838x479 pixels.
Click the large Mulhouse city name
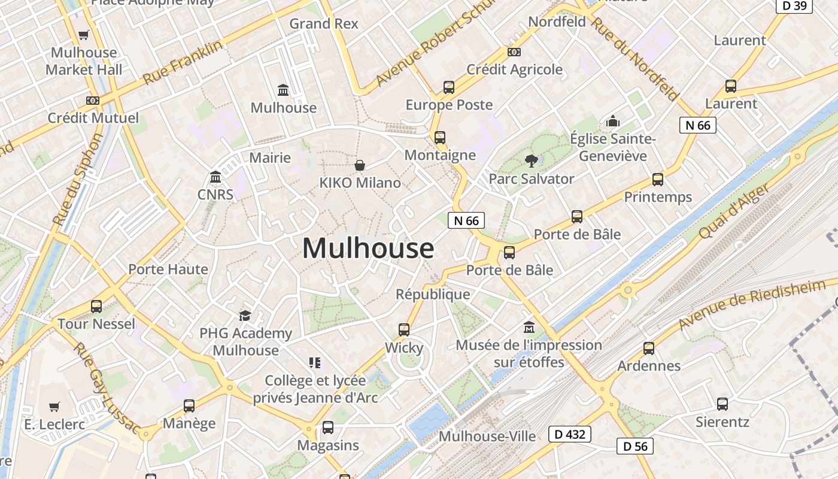(x=368, y=248)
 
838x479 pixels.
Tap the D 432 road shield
(x=569, y=434)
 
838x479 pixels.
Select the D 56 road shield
(x=635, y=446)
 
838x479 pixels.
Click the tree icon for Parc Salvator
(x=531, y=160)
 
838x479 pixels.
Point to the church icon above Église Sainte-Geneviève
(x=612, y=122)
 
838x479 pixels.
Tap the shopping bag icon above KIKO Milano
(x=360, y=165)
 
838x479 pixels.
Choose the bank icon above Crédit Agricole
(x=514, y=52)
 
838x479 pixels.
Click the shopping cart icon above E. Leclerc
(x=54, y=407)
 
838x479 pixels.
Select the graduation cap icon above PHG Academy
(x=245, y=316)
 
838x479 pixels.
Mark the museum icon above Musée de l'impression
(x=529, y=327)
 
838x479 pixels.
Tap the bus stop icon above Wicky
(x=404, y=329)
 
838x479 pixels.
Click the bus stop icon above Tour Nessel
(x=96, y=307)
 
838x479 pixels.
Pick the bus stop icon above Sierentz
(x=722, y=404)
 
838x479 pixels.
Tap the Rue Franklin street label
(x=183, y=62)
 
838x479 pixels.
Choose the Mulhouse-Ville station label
(x=487, y=436)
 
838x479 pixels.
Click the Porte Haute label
(x=168, y=269)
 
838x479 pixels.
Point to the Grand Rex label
(x=324, y=24)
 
